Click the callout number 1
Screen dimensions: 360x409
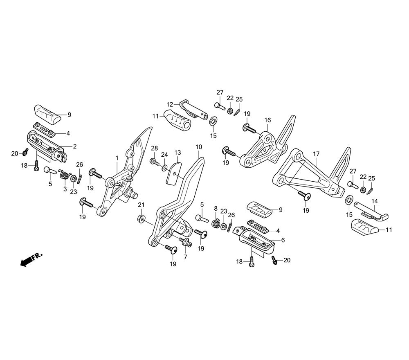click(117, 157)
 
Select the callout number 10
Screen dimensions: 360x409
click(199, 146)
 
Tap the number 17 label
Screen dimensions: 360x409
click(316, 154)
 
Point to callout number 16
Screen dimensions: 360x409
click(267, 120)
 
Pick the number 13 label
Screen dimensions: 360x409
click(178, 153)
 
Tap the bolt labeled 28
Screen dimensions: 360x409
click(155, 161)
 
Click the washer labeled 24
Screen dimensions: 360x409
click(164, 168)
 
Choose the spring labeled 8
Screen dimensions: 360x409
click(215, 223)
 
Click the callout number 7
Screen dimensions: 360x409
click(185, 257)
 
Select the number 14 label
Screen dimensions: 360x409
click(374, 201)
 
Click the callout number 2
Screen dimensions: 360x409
click(74, 146)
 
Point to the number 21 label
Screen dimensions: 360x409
click(141, 205)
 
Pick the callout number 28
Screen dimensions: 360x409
click(155, 148)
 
